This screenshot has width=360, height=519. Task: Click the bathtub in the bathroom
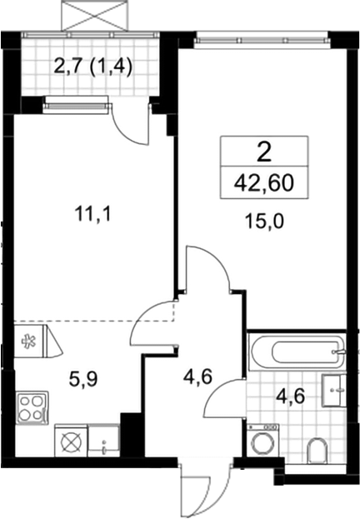coord(297,352)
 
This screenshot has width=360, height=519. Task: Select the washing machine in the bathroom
coord(263,443)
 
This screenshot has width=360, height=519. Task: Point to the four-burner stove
coord(32,408)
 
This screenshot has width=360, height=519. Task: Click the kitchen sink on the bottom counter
coord(103,441)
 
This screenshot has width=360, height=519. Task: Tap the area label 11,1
coord(93,215)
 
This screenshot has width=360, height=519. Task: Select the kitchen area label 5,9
coord(82,379)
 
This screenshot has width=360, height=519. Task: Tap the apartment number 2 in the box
coord(263,153)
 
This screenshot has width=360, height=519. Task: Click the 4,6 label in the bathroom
coord(290,397)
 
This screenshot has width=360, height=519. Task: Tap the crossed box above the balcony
coord(94,16)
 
